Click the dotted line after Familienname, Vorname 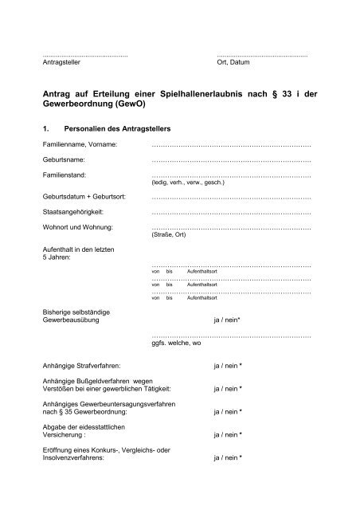click(230, 147)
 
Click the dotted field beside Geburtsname click(230, 162)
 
